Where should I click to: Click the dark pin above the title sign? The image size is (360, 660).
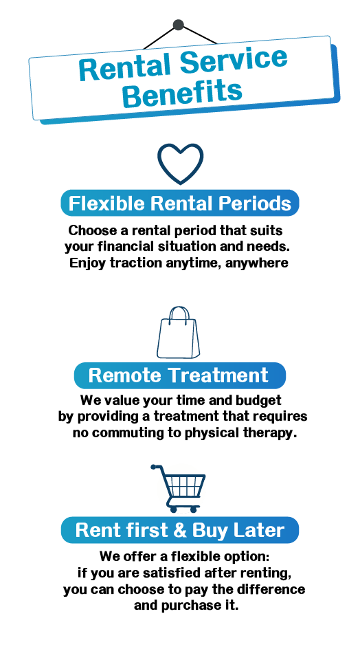pyautogui.click(x=179, y=25)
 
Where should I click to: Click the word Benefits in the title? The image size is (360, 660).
pyautogui.click(x=183, y=92)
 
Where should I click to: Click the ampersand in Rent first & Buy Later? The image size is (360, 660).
pyautogui.click(x=179, y=530)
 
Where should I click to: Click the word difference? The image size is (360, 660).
pyautogui.click(x=271, y=589)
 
